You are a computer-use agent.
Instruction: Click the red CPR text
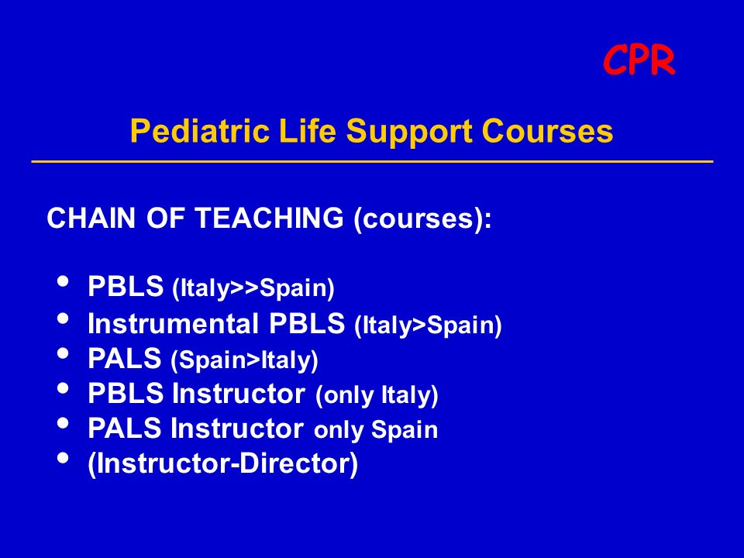pyautogui.click(x=639, y=60)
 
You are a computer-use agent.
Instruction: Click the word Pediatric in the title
pyautogui.click(x=199, y=130)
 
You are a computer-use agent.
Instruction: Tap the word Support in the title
pyautogui.click(x=409, y=132)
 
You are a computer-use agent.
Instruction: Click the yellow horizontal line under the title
pyautogui.click(x=373, y=161)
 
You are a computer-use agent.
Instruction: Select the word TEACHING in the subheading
pyautogui.click(x=269, y=218)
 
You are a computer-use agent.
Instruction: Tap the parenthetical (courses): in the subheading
pyautogui.click(x=422, y=219)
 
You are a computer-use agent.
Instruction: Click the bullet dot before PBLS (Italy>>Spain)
pyautogui.click(x=63, y=281)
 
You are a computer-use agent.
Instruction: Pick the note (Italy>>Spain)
pyautogui.click(x=253, y=288)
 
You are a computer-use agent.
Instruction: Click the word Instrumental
pyautogui.click(x=173, y=324)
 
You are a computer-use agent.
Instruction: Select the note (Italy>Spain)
pyautogui.click(x=428, y=325)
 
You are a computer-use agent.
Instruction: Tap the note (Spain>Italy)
pyautogui.click(x=244, y=360)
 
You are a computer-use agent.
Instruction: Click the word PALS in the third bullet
pyautogui.click(x=125, y=358)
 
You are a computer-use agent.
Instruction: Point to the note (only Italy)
pyautogui.click(x=377, y=395)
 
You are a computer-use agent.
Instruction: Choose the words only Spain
pyautogui.click(x=376, y=429)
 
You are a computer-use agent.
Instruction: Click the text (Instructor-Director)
pyautogui.click(x=222, y=463)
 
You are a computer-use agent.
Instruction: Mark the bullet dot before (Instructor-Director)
pyautogui.click(x=63, y=458)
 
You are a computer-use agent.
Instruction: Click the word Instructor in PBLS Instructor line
pyautogui.click(x=239, y=394)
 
